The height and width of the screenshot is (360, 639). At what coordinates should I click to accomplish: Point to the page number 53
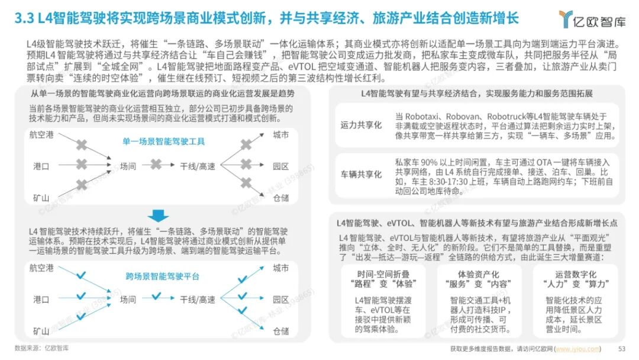(x=621, y=348)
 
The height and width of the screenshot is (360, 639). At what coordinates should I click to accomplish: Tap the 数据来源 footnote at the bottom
(x=41, y=348)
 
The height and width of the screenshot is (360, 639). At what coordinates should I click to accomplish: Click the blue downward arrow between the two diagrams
(x=158, y=216)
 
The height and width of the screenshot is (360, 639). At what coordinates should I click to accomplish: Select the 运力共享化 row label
(x=361, y=125)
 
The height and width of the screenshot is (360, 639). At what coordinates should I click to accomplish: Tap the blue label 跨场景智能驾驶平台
(x=162, y=277)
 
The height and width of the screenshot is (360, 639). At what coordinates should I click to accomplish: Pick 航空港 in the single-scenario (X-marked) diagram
(x=41, y=135)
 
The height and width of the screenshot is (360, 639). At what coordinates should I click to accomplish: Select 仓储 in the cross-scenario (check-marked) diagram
(x=281, y=330)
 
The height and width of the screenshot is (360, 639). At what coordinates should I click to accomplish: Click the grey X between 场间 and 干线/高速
(x=156, y=165)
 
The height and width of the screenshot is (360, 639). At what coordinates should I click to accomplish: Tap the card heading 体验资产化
(x=479, y=274)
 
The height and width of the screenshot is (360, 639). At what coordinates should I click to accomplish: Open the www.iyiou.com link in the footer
(x=569, y=348)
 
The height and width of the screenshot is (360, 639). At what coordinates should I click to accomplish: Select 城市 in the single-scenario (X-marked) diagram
(x=281, y=135)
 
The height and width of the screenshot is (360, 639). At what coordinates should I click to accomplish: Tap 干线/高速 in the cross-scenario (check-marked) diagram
(x=198, y=300)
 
